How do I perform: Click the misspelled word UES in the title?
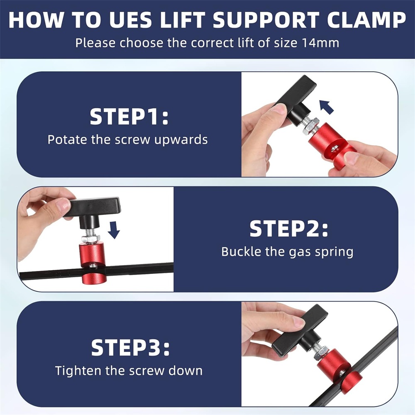[130, 20]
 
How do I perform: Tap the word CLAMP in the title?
[366, 20]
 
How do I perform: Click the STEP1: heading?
[129, 117]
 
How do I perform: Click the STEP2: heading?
[289, 229]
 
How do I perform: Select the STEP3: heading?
[130, 347]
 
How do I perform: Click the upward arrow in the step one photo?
[326, 107]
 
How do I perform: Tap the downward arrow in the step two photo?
[114, 230]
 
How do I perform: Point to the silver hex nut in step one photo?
[311, 127]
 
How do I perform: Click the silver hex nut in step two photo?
[90, 239]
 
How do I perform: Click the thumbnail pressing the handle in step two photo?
[63, 205]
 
